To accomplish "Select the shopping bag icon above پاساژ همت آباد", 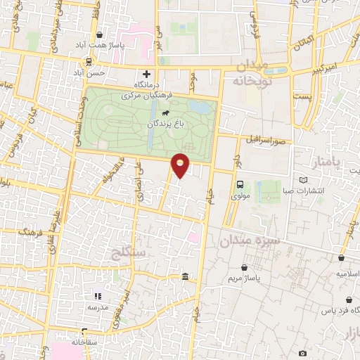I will (99, 34).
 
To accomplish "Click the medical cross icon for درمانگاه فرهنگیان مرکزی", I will (146, 74).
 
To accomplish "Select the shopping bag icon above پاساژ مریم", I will (244, 268).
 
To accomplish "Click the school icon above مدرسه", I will (98, 297).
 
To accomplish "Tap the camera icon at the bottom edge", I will (302, 353).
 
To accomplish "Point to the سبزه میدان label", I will (250, 240).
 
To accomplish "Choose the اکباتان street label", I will (302, 44).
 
